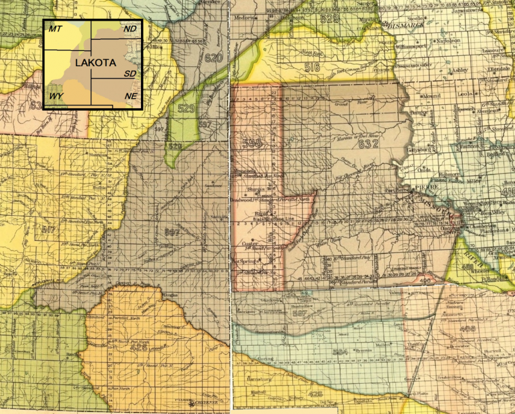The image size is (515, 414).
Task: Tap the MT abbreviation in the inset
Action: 55,29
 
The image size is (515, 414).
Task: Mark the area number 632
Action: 368,144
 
